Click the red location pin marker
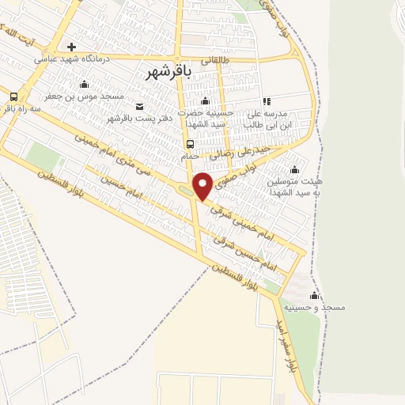(x=202, y=185)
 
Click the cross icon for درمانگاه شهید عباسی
(x=72, y=47)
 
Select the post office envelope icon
(x=140, y=107)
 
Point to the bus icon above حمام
(x=189, y=144)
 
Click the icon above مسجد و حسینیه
(x=315, y=296)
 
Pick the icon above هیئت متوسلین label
(x=294, y=169)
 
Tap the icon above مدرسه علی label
(x=266, y=101)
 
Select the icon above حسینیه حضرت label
(x=205, y=101)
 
